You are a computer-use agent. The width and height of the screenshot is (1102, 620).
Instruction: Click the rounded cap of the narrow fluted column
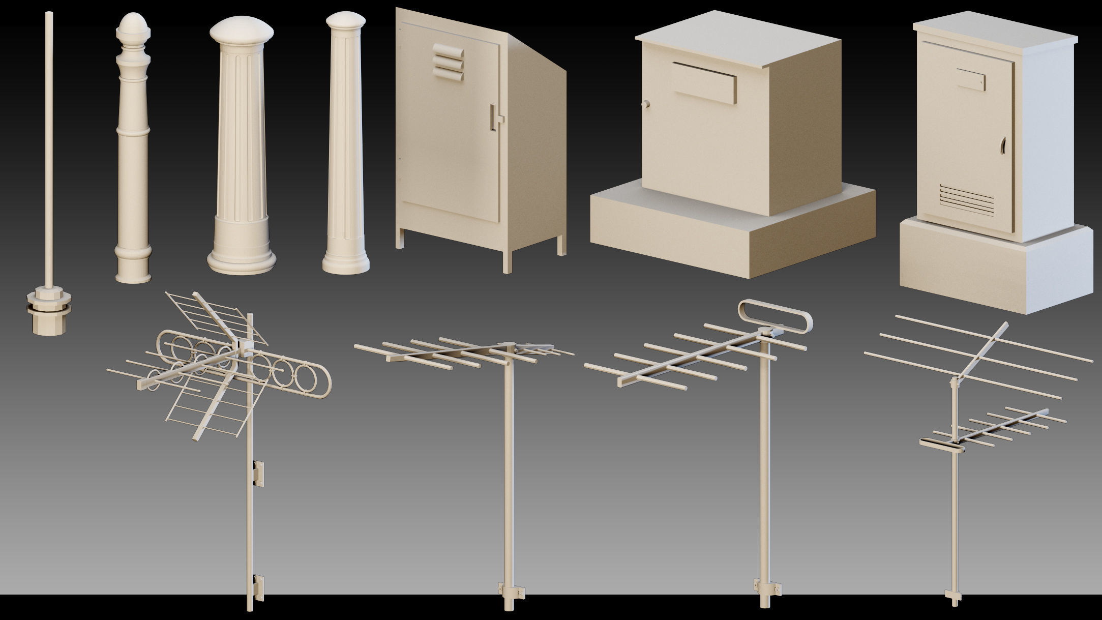pos(345,23)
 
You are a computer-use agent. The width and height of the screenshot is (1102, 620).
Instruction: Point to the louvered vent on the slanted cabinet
pos(448,62)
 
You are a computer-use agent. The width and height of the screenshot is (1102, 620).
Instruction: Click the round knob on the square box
pos(646,104)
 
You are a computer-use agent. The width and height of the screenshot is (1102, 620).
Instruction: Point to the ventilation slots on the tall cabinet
pos(966,198)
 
